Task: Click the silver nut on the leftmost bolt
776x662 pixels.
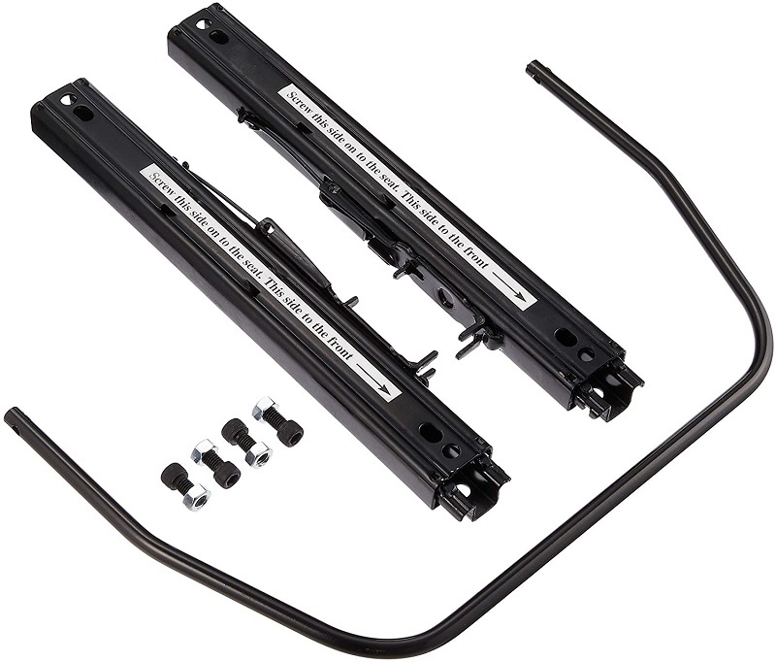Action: pyautogui.click(x=196, y=498)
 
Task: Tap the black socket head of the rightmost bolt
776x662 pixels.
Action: pyautogui.click(x=287, y=432)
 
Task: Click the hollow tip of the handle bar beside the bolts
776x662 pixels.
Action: pyautogui.click(x=11, y=417)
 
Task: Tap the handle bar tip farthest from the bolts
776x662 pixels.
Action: pyautogui.click(x=533, y=68)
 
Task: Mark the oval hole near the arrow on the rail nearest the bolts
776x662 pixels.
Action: pyautogui.click(x=428, y=430)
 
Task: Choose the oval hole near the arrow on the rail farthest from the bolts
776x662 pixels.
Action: pyautogui.click(x=565, y=337)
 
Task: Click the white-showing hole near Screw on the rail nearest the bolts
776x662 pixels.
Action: pyautogui.click(x=66, y=100)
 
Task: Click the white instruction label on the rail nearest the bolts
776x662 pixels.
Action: pyautogui.click(x=272, y=281)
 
